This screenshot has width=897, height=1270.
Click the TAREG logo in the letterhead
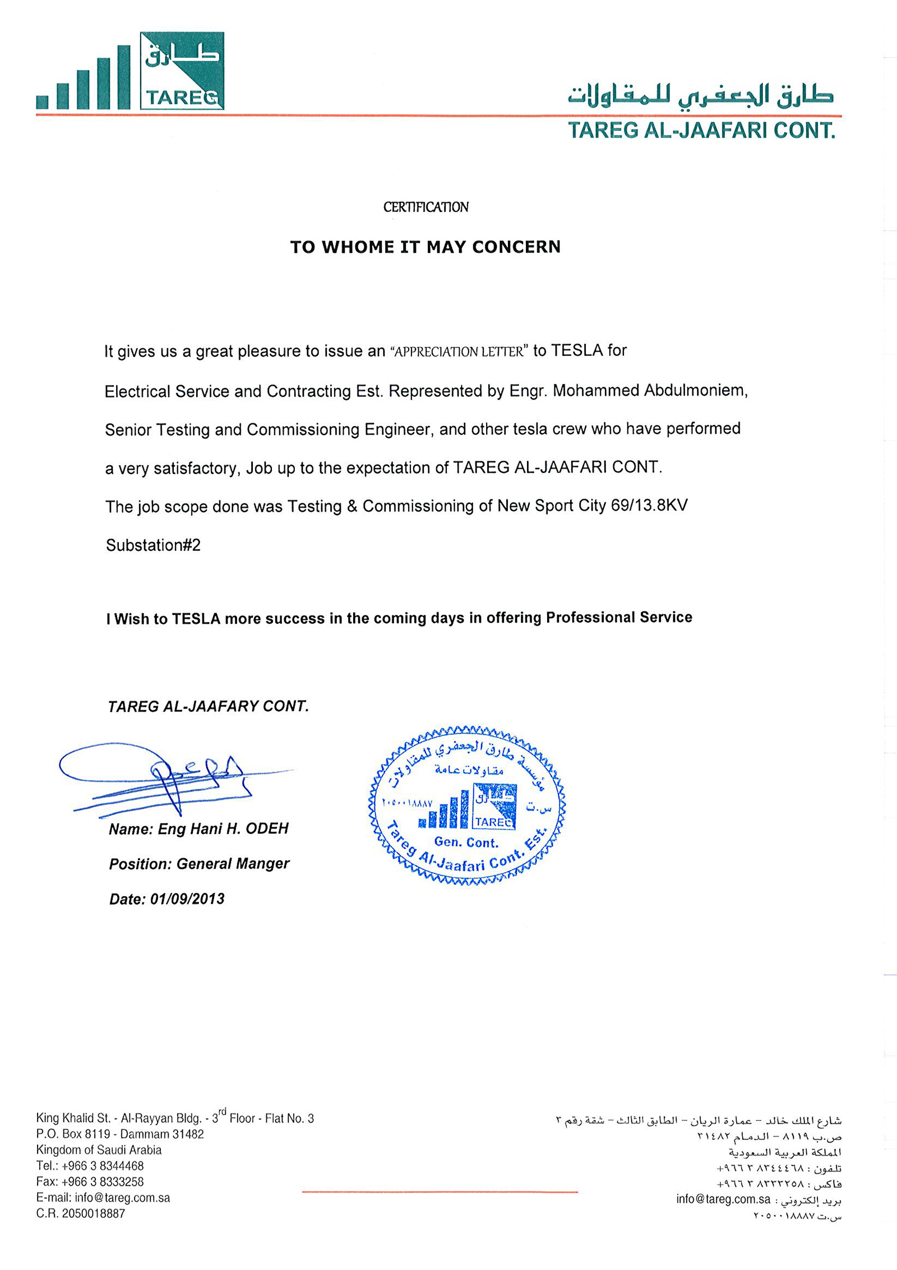tap(130, 71)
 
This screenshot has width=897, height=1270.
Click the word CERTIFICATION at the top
tap(426, 207)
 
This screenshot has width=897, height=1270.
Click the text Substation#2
tap(153, 545)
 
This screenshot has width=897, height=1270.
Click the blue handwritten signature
tap(168, 776)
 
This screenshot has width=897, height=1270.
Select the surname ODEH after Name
tap(271, 828)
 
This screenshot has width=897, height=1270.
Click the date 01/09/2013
tap(187, 899)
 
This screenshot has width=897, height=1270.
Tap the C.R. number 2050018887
tap(94, 1213)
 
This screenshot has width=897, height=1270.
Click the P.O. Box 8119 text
tap(73, 1134)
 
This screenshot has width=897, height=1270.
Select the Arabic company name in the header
tap(701, 96)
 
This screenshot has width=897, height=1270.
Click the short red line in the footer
tap(440, 1192)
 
